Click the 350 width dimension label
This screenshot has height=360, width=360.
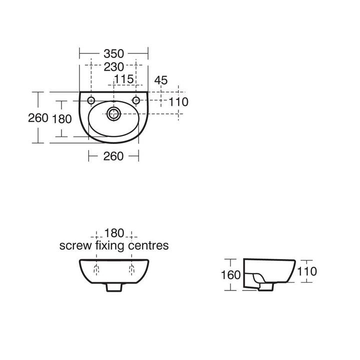tap(113, 53)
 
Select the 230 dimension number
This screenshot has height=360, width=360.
tap(113, 67)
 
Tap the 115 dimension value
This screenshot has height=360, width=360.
tap(124, 79)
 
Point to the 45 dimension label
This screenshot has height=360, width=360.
tap(161, 80)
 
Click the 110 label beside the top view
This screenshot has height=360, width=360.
tap(178, 102)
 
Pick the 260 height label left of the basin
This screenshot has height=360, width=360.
tap(38, 118)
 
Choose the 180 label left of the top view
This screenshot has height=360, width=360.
tap(62, 119)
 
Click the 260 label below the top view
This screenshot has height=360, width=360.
tap(113, 156)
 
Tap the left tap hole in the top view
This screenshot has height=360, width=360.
tap(91, 100)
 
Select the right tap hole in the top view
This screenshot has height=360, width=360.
tap(136, 100)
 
